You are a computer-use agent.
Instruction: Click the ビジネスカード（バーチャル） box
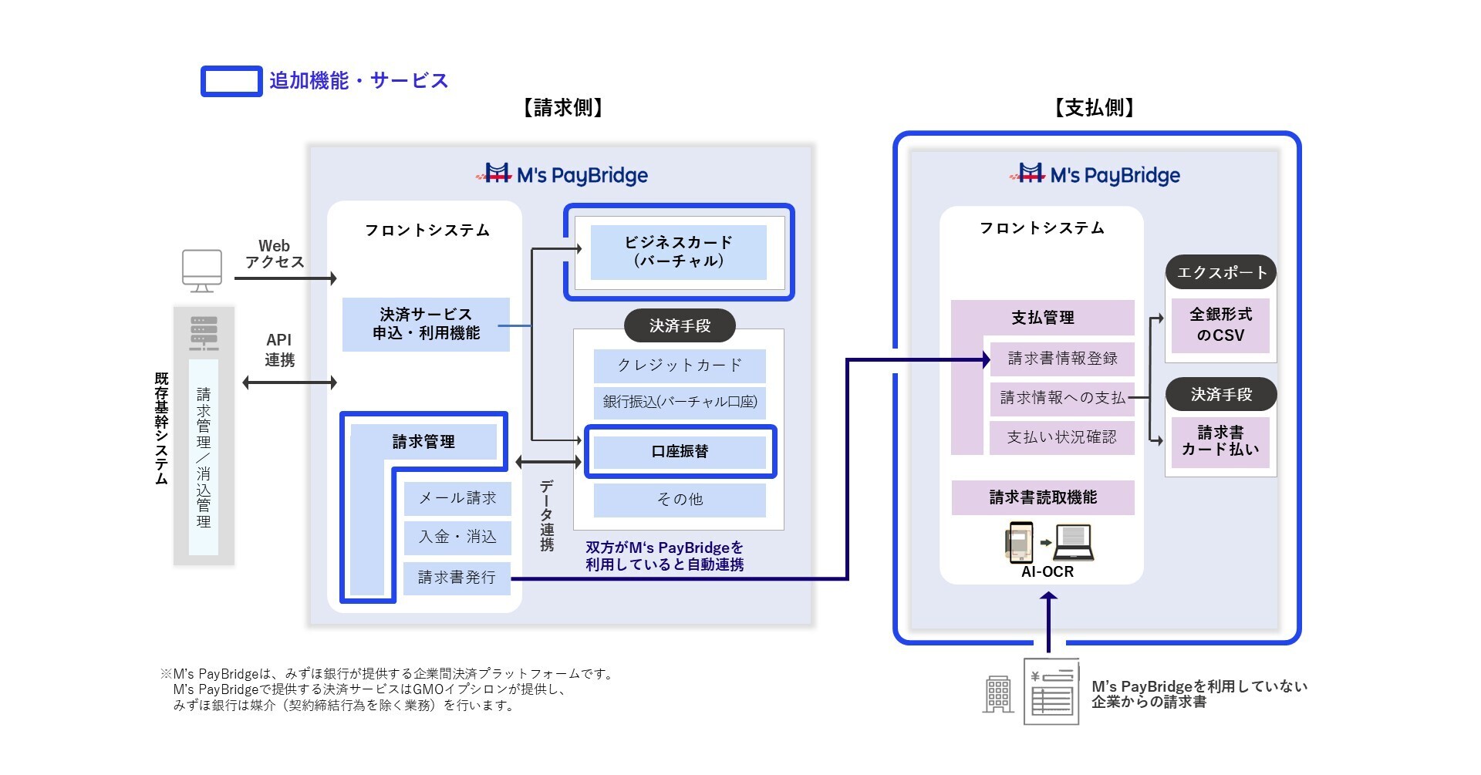[x=678, y=252]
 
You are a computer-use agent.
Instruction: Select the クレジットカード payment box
[x=679, y=366]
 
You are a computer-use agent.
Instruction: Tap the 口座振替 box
[x=680, y=452]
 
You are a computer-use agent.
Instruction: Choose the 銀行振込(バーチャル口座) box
[x=679, y=402]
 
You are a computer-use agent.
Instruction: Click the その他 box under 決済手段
[x=679, y=500]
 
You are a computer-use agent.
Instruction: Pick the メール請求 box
[x=457, y=498]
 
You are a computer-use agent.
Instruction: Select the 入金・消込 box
[x=457, y=537]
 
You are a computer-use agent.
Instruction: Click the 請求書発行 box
[x=457, y=578]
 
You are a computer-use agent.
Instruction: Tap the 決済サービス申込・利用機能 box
[x=426, y=324]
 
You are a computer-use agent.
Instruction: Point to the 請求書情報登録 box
[x=1061, y=359]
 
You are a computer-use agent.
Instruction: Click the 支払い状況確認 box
[x=1061, y=437]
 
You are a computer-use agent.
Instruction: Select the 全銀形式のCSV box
[x=1220, y=325]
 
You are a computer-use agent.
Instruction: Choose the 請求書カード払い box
[x=1220, y=441]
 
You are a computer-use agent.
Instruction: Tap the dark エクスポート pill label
[x=1220, y=272]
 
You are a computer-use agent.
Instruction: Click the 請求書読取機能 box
[x=1042, y=497]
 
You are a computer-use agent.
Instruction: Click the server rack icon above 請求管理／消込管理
[x=204, y=332]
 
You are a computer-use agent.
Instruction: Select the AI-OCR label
[x=1047, y=571]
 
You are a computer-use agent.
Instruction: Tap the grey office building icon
[x=998, y=694]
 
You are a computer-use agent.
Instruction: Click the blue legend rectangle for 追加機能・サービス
[x=231, y=82]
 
